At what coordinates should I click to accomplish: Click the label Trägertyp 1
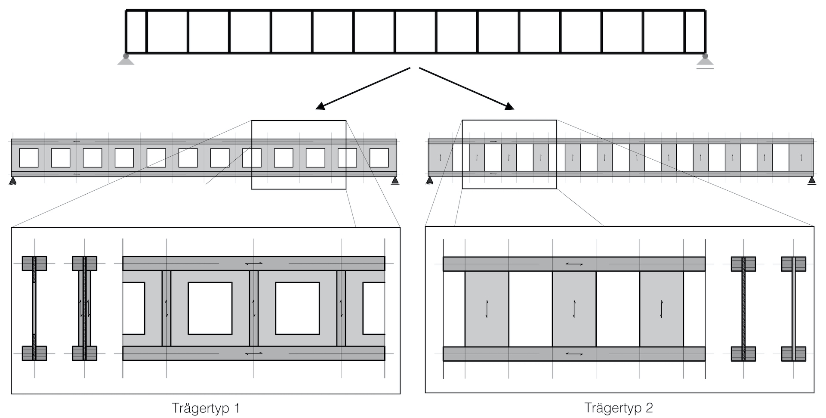[206, 408]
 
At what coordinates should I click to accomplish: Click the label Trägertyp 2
[619, 408]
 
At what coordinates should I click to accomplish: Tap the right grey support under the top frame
[705, 61]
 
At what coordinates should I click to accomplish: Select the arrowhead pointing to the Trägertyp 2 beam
[509, 106]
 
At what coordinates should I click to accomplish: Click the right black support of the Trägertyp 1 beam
[395, 180]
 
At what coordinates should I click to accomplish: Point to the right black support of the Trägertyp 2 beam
[812, 180]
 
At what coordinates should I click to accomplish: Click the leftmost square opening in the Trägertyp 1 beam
[29, 158]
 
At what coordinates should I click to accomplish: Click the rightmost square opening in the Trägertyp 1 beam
[379, 158]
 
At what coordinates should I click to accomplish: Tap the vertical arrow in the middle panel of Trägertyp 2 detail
[574, 309]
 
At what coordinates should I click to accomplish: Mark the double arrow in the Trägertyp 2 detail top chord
[574, 264]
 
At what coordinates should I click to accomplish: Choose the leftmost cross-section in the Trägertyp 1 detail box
[34, 308]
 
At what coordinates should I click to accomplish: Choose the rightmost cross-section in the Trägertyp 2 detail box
[793, 308]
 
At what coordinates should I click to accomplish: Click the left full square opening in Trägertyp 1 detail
[210, 308]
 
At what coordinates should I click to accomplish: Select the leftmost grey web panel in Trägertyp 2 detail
[487, 309]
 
